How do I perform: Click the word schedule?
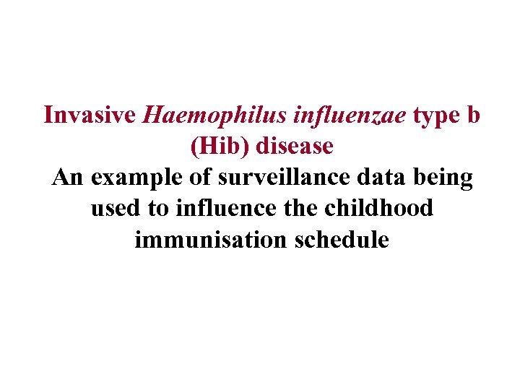tap(339, 240)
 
